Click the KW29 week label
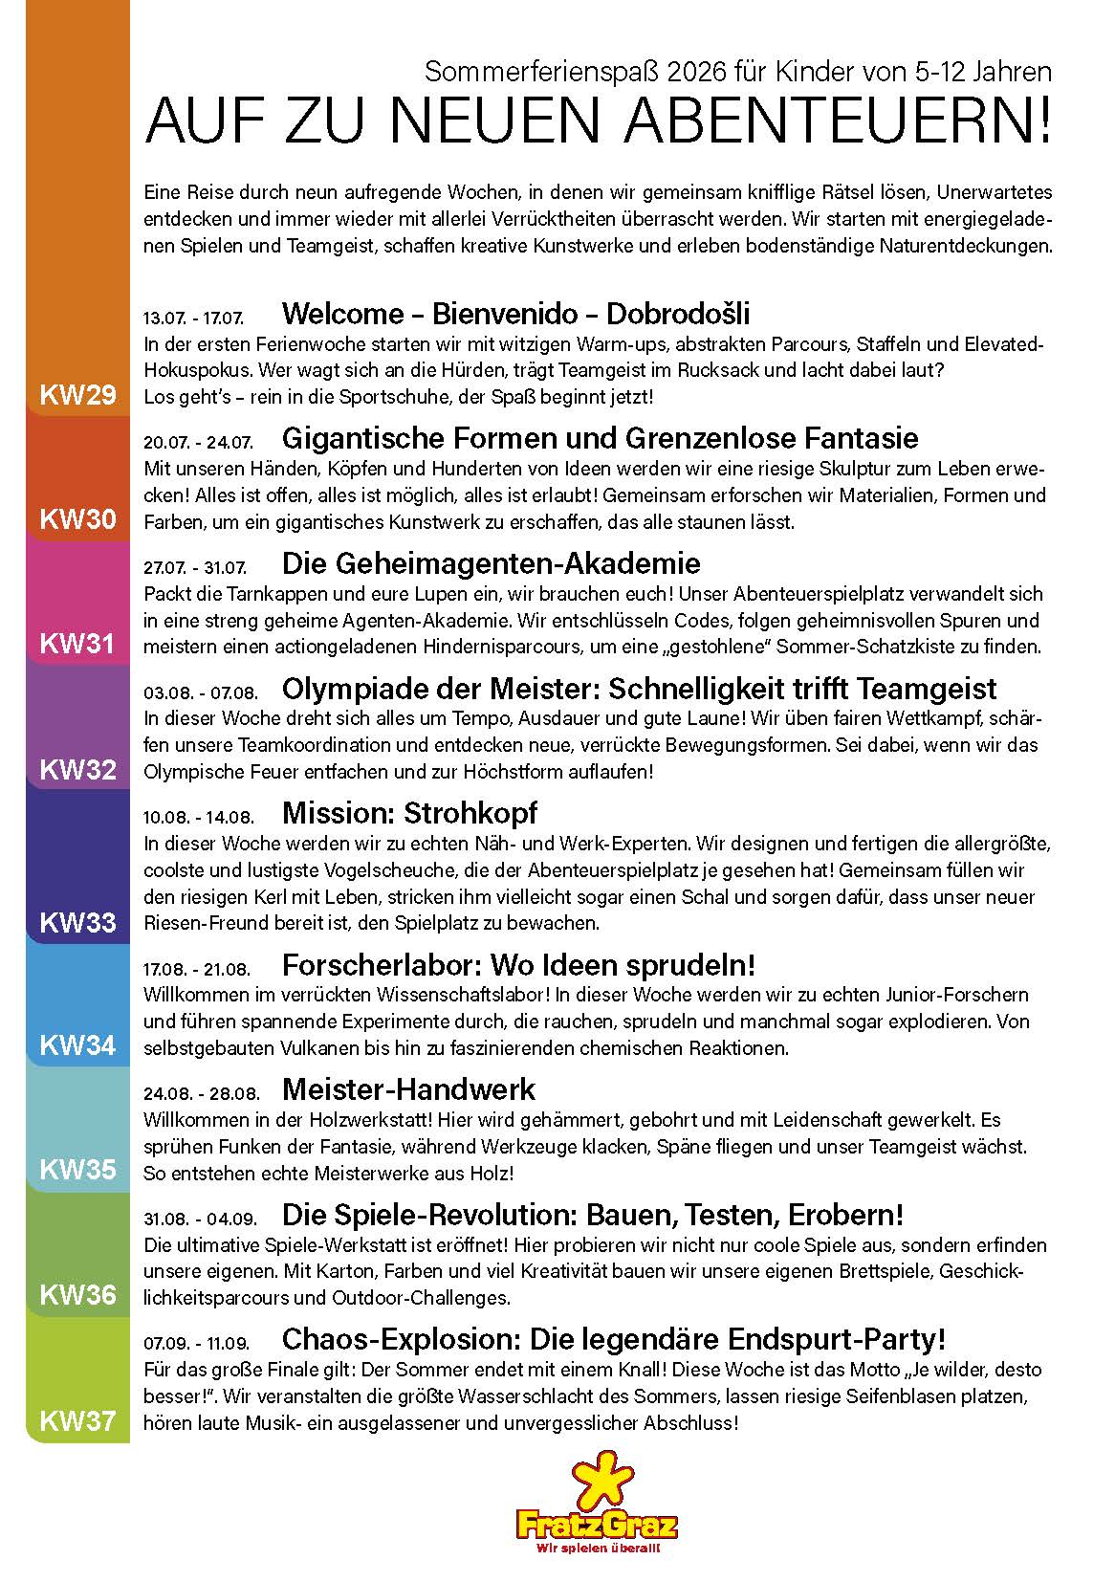pos(77,395)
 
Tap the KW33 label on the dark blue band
pos(77,922)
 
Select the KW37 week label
pos(77,1421)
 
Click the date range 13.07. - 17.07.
pos(193,318)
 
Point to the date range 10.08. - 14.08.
pos(198,817)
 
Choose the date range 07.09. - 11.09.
pos(197,1343)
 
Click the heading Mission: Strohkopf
pos(409,813)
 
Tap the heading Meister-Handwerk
pos(408,1089)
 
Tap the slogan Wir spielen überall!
pos(598,1548)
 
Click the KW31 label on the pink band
pos(77,644)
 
